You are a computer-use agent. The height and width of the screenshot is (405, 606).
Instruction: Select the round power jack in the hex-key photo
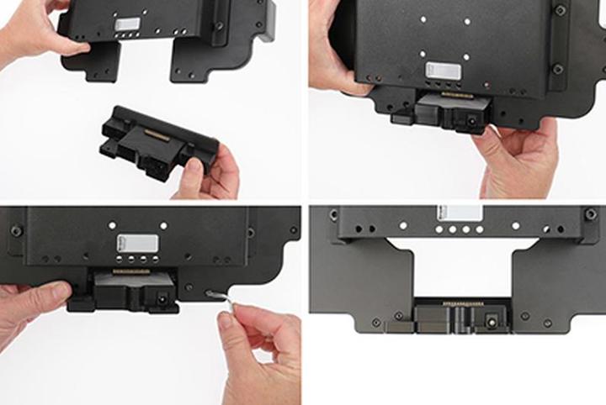tap(160, 298)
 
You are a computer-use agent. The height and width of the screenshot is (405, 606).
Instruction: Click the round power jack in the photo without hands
tap(490, 319)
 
